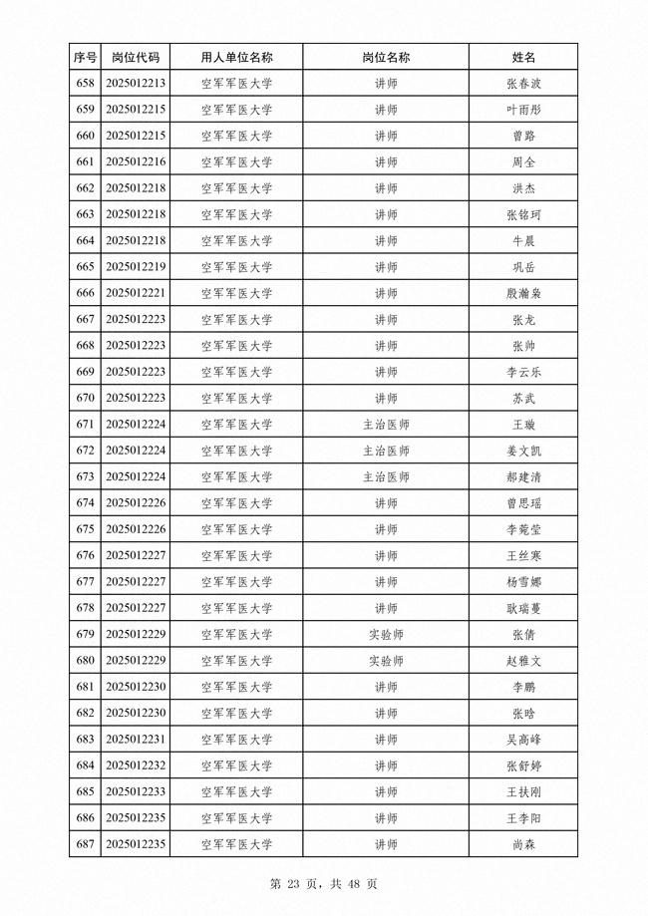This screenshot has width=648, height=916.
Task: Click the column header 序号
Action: [85, 58]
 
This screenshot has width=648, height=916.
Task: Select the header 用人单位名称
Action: [236, 58]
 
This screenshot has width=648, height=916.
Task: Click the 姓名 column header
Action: [523, 58]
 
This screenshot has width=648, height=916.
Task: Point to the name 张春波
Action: [523, 84]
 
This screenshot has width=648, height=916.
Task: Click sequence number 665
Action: [85, 267]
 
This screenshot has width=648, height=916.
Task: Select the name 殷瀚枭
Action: [523, 293]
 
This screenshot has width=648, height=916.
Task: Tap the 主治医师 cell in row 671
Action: [386, 425]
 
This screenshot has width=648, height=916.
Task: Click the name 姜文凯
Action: [523, 451]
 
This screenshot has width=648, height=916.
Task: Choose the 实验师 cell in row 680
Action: [386, 661]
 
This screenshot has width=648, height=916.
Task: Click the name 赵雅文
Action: [523, 661]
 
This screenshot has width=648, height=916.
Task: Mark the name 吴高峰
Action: [523, 740]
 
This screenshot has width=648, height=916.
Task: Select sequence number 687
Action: [85, 844]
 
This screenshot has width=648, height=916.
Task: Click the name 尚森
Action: [523, 844]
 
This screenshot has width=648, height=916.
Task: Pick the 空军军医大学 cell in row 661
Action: [236, 161]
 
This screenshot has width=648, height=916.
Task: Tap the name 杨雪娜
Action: [523, 582]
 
